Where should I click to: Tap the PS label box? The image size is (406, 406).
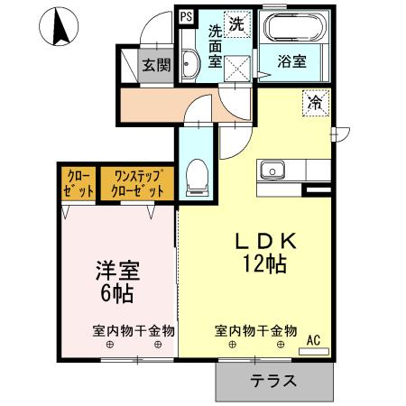tap(185, 16)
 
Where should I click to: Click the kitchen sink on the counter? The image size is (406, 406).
tap(273, 169)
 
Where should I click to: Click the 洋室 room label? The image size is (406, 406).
tap(117, 270)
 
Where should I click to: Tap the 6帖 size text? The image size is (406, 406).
tap(117, 292)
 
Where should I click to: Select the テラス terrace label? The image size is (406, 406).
tap(273, 380)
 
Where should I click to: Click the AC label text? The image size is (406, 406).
tap(314, 339)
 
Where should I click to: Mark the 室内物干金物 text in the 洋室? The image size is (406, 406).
tap(133, 330)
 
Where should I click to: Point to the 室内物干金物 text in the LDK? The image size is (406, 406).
tap(255, 330)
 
